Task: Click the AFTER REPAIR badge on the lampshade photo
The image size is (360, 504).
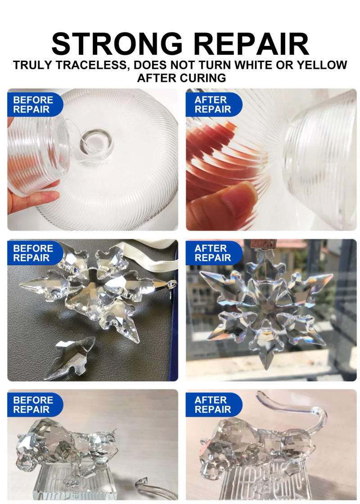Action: [x=213, y=105]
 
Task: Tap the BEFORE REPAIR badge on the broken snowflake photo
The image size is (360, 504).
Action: [x=32, y=253]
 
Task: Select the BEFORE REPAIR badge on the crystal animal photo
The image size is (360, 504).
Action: [x=32, y=405]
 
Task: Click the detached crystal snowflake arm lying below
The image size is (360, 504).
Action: [x=72, y=355]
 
